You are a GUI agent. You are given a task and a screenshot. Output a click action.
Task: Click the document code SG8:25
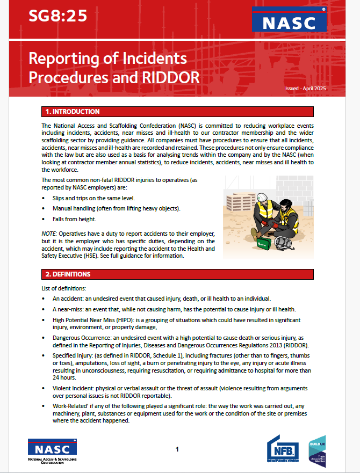[58, 17]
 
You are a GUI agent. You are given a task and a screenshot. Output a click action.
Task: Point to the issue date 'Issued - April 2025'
[306, 88]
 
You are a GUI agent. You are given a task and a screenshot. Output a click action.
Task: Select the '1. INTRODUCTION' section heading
[73, 112]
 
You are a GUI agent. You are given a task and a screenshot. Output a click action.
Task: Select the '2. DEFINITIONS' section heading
[68, 274]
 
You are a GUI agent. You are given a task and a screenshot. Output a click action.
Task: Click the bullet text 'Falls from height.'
[76, 219]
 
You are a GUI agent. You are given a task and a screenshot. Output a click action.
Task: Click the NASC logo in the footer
[52, 450]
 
